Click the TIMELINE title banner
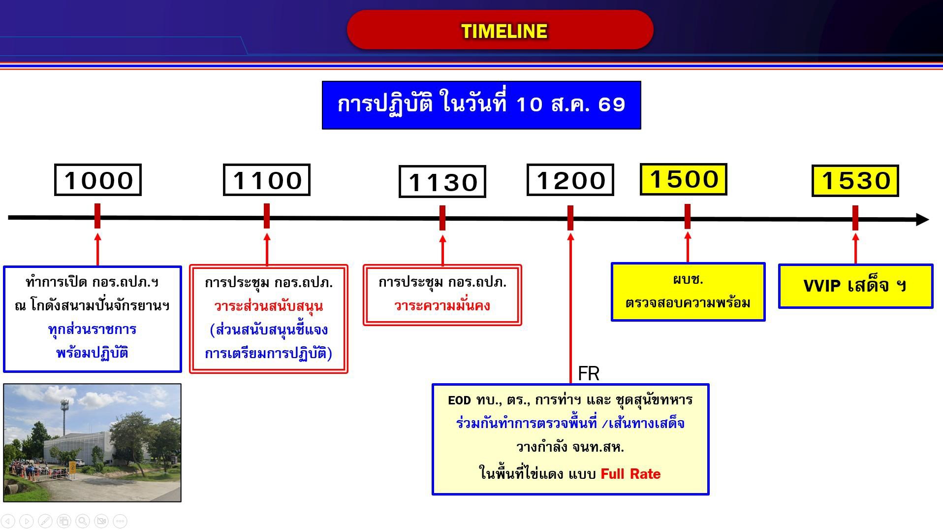[x=500, y=30]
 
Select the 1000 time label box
[x=98, y=180]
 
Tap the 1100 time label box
[x=267, y=180]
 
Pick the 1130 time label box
[x=442, y=181]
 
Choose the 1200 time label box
[x=570, y=180]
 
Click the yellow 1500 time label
[x=684, y=179]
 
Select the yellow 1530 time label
[x=855, y=181]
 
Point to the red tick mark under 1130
[x=442, y=218]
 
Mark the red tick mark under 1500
[x=688, y=217]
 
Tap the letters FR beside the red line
[x=589, y=373]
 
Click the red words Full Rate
[x=630, y=474]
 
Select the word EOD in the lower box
[x=459, y=400]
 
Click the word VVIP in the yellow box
[x=823, y=285]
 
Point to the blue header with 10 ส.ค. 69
[x=481, y=105]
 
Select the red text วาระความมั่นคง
[x=442, y=305]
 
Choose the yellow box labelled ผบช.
[x=688, y=292]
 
